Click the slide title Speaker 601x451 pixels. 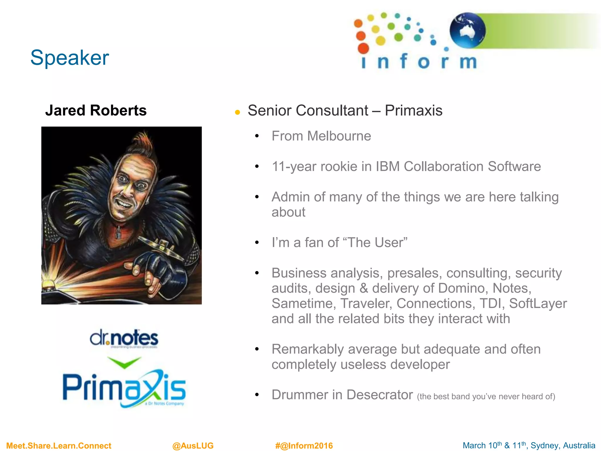[x=70, y=58]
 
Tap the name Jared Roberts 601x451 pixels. [x=96, y=111]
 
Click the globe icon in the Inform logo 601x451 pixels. [x=467, y=30]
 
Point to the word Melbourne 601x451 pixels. [x=339, y=136]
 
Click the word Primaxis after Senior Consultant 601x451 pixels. [x=413, y=111]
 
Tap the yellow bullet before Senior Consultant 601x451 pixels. [x=237, y=112]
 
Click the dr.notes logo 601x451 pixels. [x=124, y=339]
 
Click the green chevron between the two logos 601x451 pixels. [x=124, y=362]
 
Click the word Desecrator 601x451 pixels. [x=379, y=395]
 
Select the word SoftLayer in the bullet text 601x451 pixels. [x=538, y=304]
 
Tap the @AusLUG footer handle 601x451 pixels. [x=193, y=446]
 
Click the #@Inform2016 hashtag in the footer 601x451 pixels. [x=304, y=446]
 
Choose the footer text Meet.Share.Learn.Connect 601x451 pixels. [x=59, y=446]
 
